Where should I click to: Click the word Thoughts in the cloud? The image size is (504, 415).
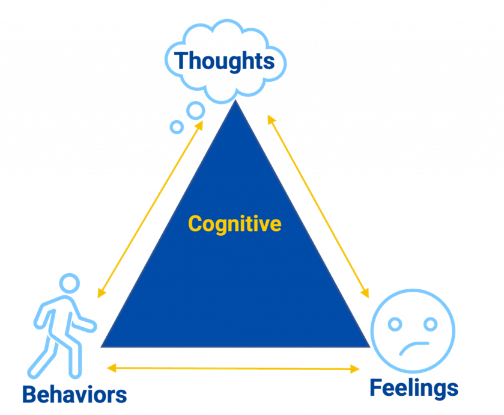(224, 61)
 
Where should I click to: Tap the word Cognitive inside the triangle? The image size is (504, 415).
(235, 224)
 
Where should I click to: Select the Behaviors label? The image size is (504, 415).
(74, 395)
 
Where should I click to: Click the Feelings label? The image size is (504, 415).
(414, 389)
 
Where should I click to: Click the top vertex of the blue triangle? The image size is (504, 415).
(235, 100)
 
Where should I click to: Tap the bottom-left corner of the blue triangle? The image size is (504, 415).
(101, 347)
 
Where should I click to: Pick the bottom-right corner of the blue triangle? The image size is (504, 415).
(370, 347)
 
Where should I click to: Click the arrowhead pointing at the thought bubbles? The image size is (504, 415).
(199, 126)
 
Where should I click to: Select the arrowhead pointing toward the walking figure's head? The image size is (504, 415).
(102, 293)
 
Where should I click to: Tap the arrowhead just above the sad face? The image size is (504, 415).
(365, 293)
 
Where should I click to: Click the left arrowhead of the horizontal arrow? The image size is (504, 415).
(111, 367)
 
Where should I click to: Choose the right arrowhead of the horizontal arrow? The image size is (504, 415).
(355, 369)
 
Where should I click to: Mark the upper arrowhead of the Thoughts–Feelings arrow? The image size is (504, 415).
(272, 120)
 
